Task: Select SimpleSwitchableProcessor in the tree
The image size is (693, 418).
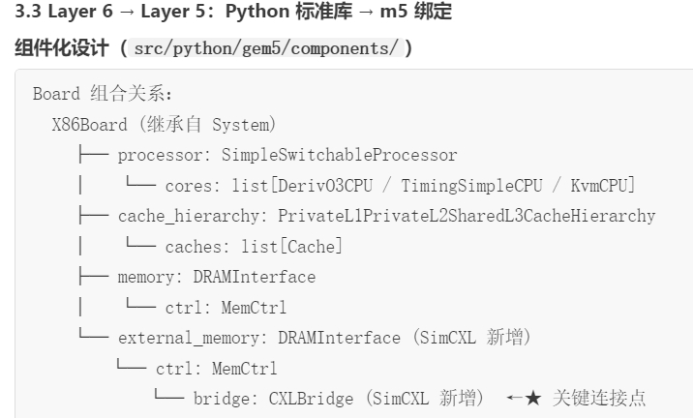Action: click(339, 155)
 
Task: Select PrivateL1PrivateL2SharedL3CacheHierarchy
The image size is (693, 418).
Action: click(467, 216)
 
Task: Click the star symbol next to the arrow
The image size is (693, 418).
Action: click(532, 399)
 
